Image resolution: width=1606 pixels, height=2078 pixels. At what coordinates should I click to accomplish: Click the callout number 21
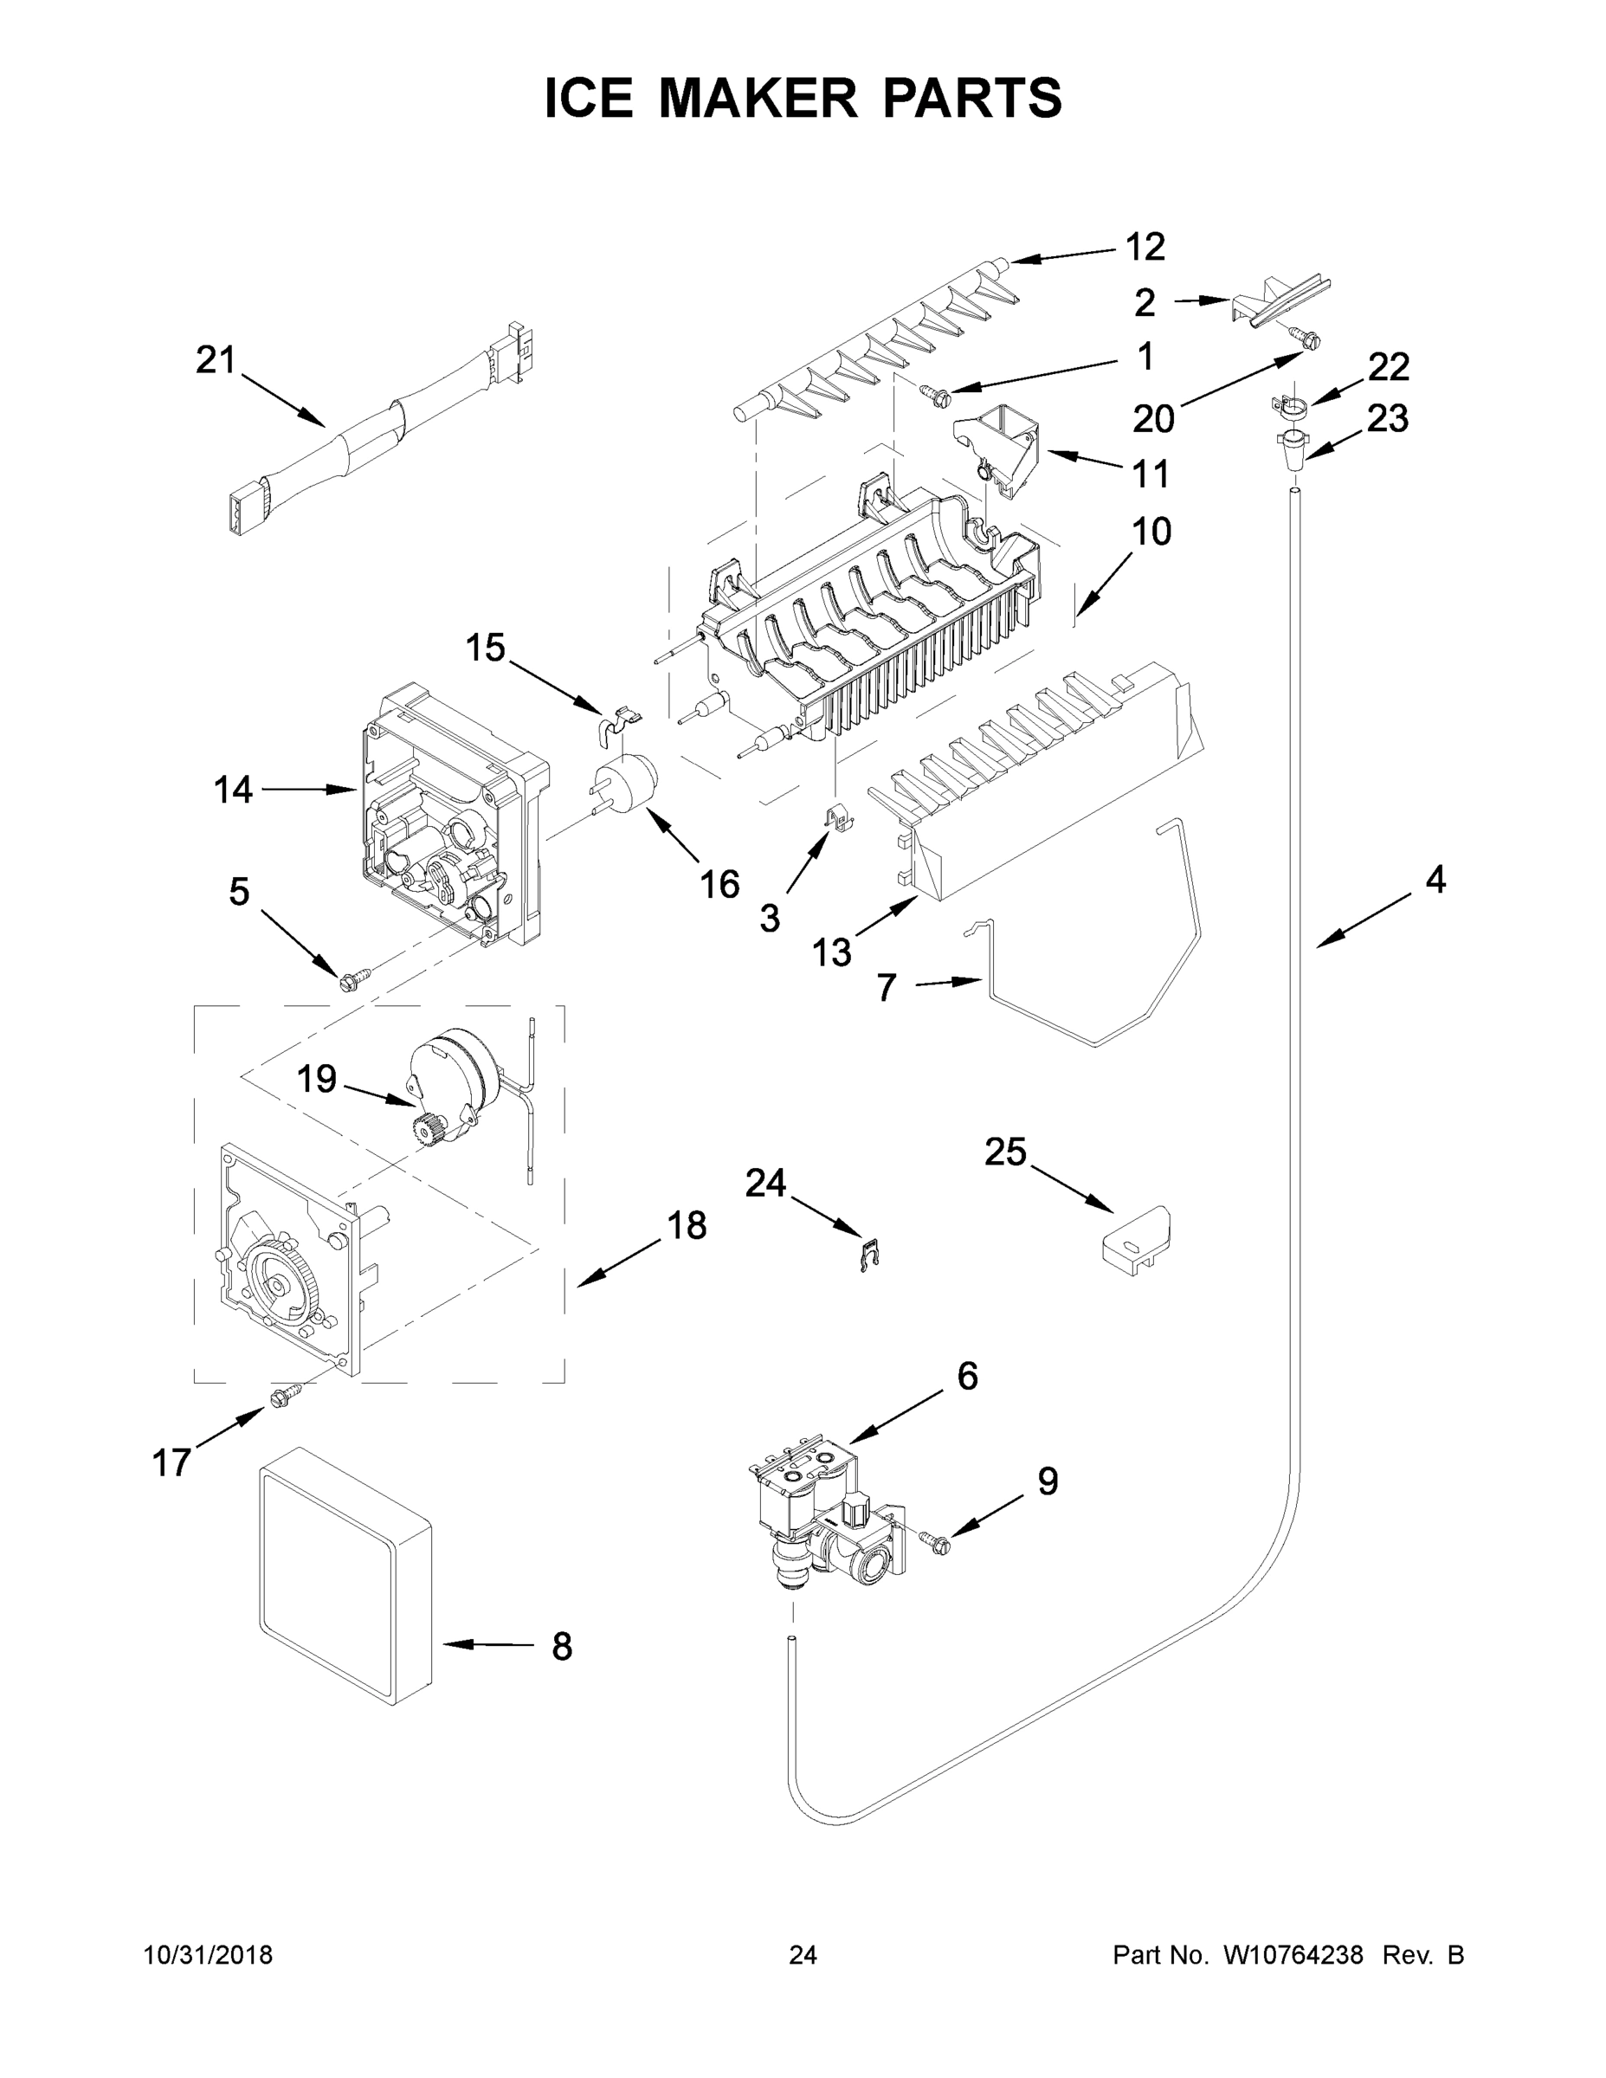coord(215,360)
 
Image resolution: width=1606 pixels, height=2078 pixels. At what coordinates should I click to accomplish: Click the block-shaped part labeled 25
coord(1135,1240)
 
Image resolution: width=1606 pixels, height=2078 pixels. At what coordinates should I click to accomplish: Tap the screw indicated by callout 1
coord(932,390)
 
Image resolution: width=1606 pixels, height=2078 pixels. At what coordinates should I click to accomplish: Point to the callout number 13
coord(831,951)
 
